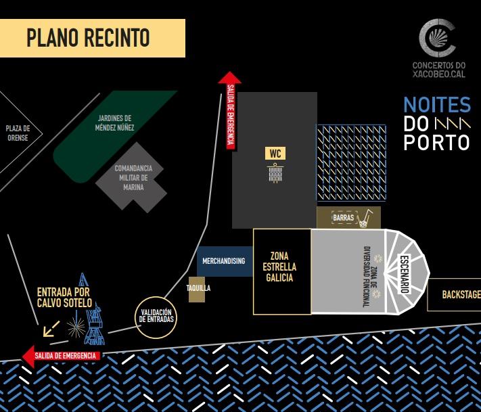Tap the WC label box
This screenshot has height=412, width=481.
tap(275, 154)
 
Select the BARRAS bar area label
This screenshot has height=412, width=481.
tap(344, 218)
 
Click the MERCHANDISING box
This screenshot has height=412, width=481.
tap(224, 261)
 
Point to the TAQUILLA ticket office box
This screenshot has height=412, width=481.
tap(198, 288)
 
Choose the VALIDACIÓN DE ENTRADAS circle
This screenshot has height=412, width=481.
tap(157, 315)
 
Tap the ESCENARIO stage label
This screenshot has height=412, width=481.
tap(405, 273)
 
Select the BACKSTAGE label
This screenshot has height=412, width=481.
tap(461, 295)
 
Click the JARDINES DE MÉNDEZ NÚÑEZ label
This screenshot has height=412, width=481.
tap(115, 122)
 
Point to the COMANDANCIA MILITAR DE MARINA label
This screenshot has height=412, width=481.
tap(133, 177)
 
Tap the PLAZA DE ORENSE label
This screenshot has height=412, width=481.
tap(18, 133)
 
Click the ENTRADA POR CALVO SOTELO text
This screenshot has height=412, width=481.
tap(64, 298)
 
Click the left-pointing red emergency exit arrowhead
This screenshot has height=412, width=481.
tap(28, 355)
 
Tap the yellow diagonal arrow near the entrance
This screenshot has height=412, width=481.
tap(50, 329)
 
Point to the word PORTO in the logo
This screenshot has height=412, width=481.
tap(436, 143)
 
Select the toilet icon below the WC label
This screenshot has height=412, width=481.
tap(275, 174)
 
